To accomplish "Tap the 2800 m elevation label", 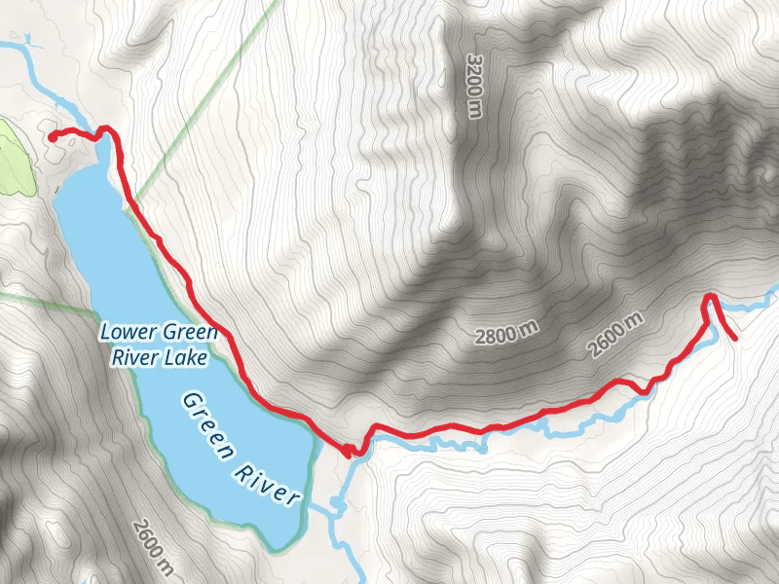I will [x=507, y=335].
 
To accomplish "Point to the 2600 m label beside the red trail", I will [x=617, y=334].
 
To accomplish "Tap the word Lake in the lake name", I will [x=186, y=357].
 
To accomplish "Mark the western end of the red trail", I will [x=51, y=137].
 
